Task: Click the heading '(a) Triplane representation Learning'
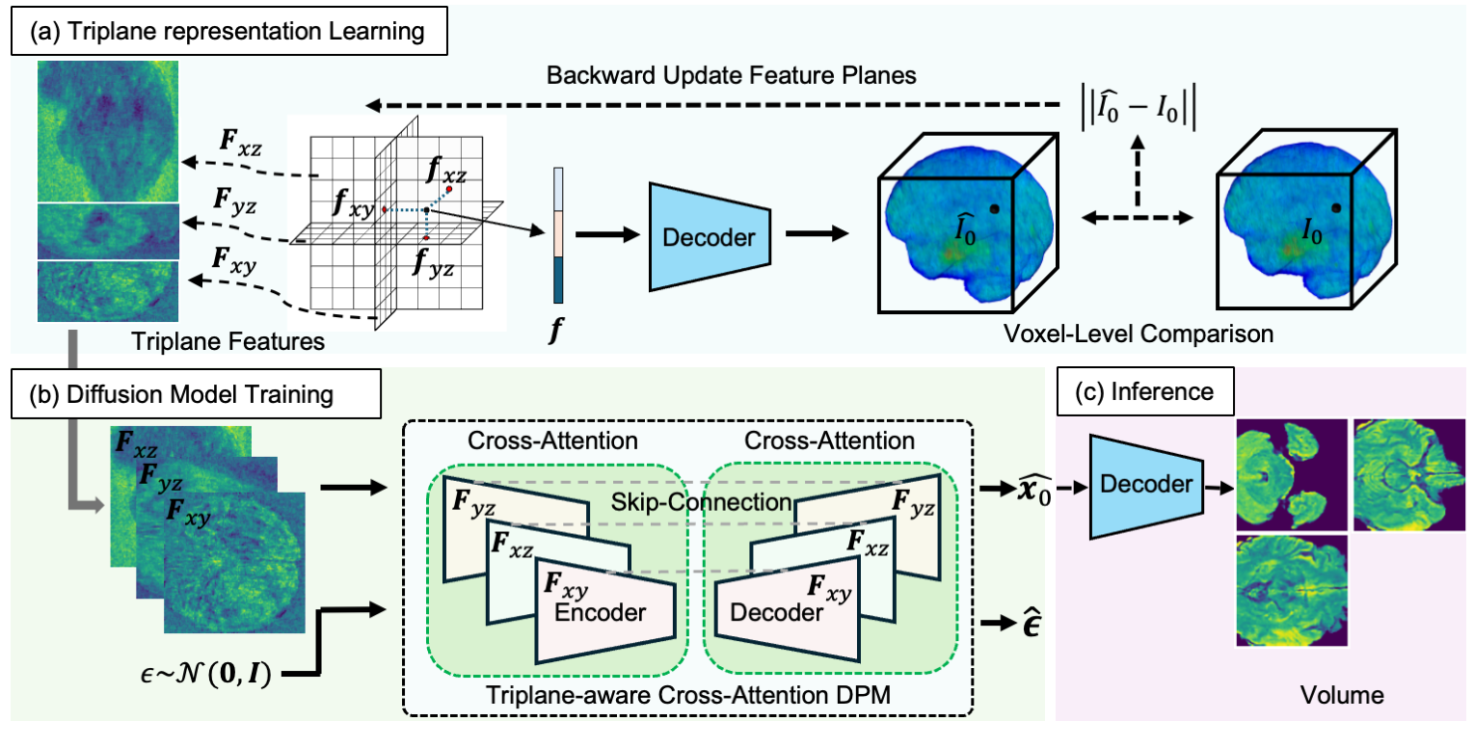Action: tap(227, 33)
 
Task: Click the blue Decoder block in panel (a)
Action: tap(710, 234)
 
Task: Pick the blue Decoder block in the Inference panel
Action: tap(1148, 486)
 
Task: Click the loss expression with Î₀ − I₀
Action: tap(1137, 101)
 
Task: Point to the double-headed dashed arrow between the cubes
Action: tap(1138, 219)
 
